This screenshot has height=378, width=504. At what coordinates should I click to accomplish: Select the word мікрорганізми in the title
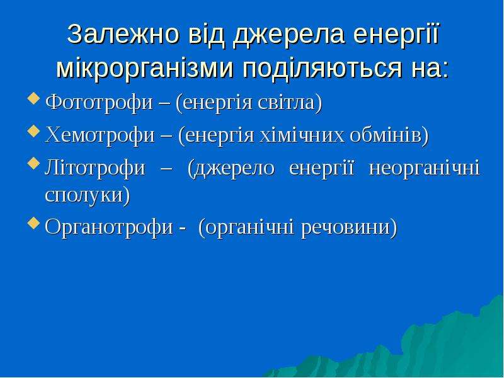[145, 68]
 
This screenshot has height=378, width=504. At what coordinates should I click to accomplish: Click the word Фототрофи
[99, 103]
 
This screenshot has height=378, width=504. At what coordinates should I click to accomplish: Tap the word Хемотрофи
[100, 135]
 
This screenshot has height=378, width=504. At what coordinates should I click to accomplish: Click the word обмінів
[389, 135]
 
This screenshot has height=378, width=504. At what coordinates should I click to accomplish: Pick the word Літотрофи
[95, 168]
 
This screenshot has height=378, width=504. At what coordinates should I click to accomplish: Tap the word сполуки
[88, 195]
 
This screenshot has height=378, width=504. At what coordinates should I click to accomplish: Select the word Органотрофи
[109, 227]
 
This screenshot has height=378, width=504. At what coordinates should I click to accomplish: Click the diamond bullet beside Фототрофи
[34, 99]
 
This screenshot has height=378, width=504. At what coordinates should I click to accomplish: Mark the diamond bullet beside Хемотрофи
[34, 131]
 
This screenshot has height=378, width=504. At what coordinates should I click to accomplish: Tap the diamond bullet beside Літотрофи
[34, 164]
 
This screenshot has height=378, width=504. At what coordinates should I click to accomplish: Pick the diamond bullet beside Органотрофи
[34, 223]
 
